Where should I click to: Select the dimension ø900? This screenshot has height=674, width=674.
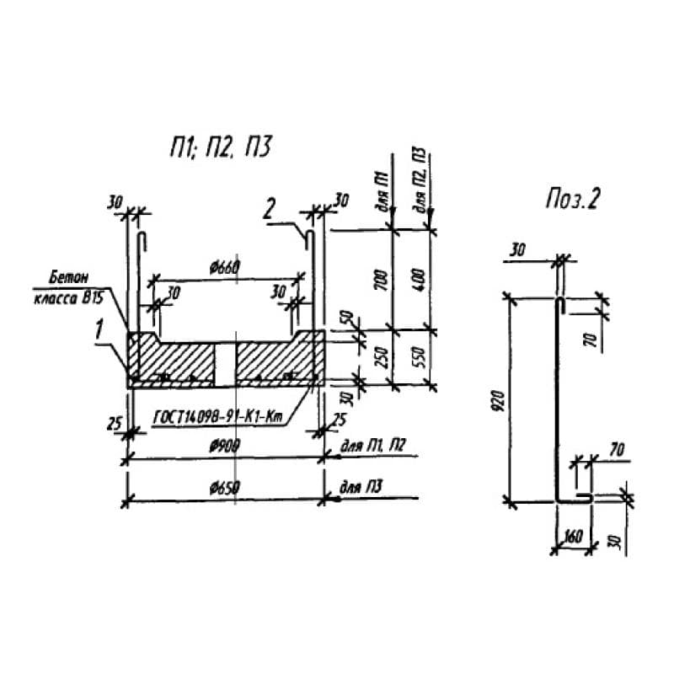tap(224, 447)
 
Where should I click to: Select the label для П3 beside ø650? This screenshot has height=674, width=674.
tap(361, 489)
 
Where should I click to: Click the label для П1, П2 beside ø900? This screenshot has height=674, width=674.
tap(371, 447)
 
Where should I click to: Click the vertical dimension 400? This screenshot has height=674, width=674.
tap(419, 278)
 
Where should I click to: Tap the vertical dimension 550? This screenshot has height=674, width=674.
tap(419, 357)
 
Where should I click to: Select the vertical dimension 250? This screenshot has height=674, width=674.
tap(381, 357)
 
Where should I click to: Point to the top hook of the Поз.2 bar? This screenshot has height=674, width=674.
tap(559, 303)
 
